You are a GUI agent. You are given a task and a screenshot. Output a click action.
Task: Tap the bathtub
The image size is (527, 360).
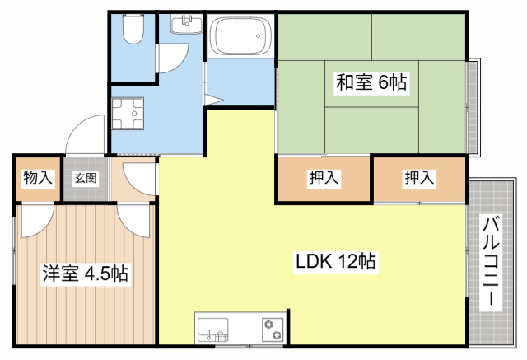tap(240, 37)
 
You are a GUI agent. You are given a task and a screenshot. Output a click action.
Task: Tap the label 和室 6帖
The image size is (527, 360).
tap(371, 82)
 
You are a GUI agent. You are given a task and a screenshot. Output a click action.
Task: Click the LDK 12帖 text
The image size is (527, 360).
tap(336, 262)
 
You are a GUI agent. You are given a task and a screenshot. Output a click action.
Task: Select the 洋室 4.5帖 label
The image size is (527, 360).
tap(85, 274)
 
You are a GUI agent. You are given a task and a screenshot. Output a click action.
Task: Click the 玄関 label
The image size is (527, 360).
tap(85, 177)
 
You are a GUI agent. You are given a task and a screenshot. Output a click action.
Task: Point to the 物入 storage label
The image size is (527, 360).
tap(37, 177)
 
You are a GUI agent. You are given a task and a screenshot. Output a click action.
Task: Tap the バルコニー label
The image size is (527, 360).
tap(492, 262)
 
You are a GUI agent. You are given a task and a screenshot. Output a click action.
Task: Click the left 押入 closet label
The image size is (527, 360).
tap(324, 177)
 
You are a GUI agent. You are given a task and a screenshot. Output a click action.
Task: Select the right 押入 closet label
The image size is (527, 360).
tap(419, 177)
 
